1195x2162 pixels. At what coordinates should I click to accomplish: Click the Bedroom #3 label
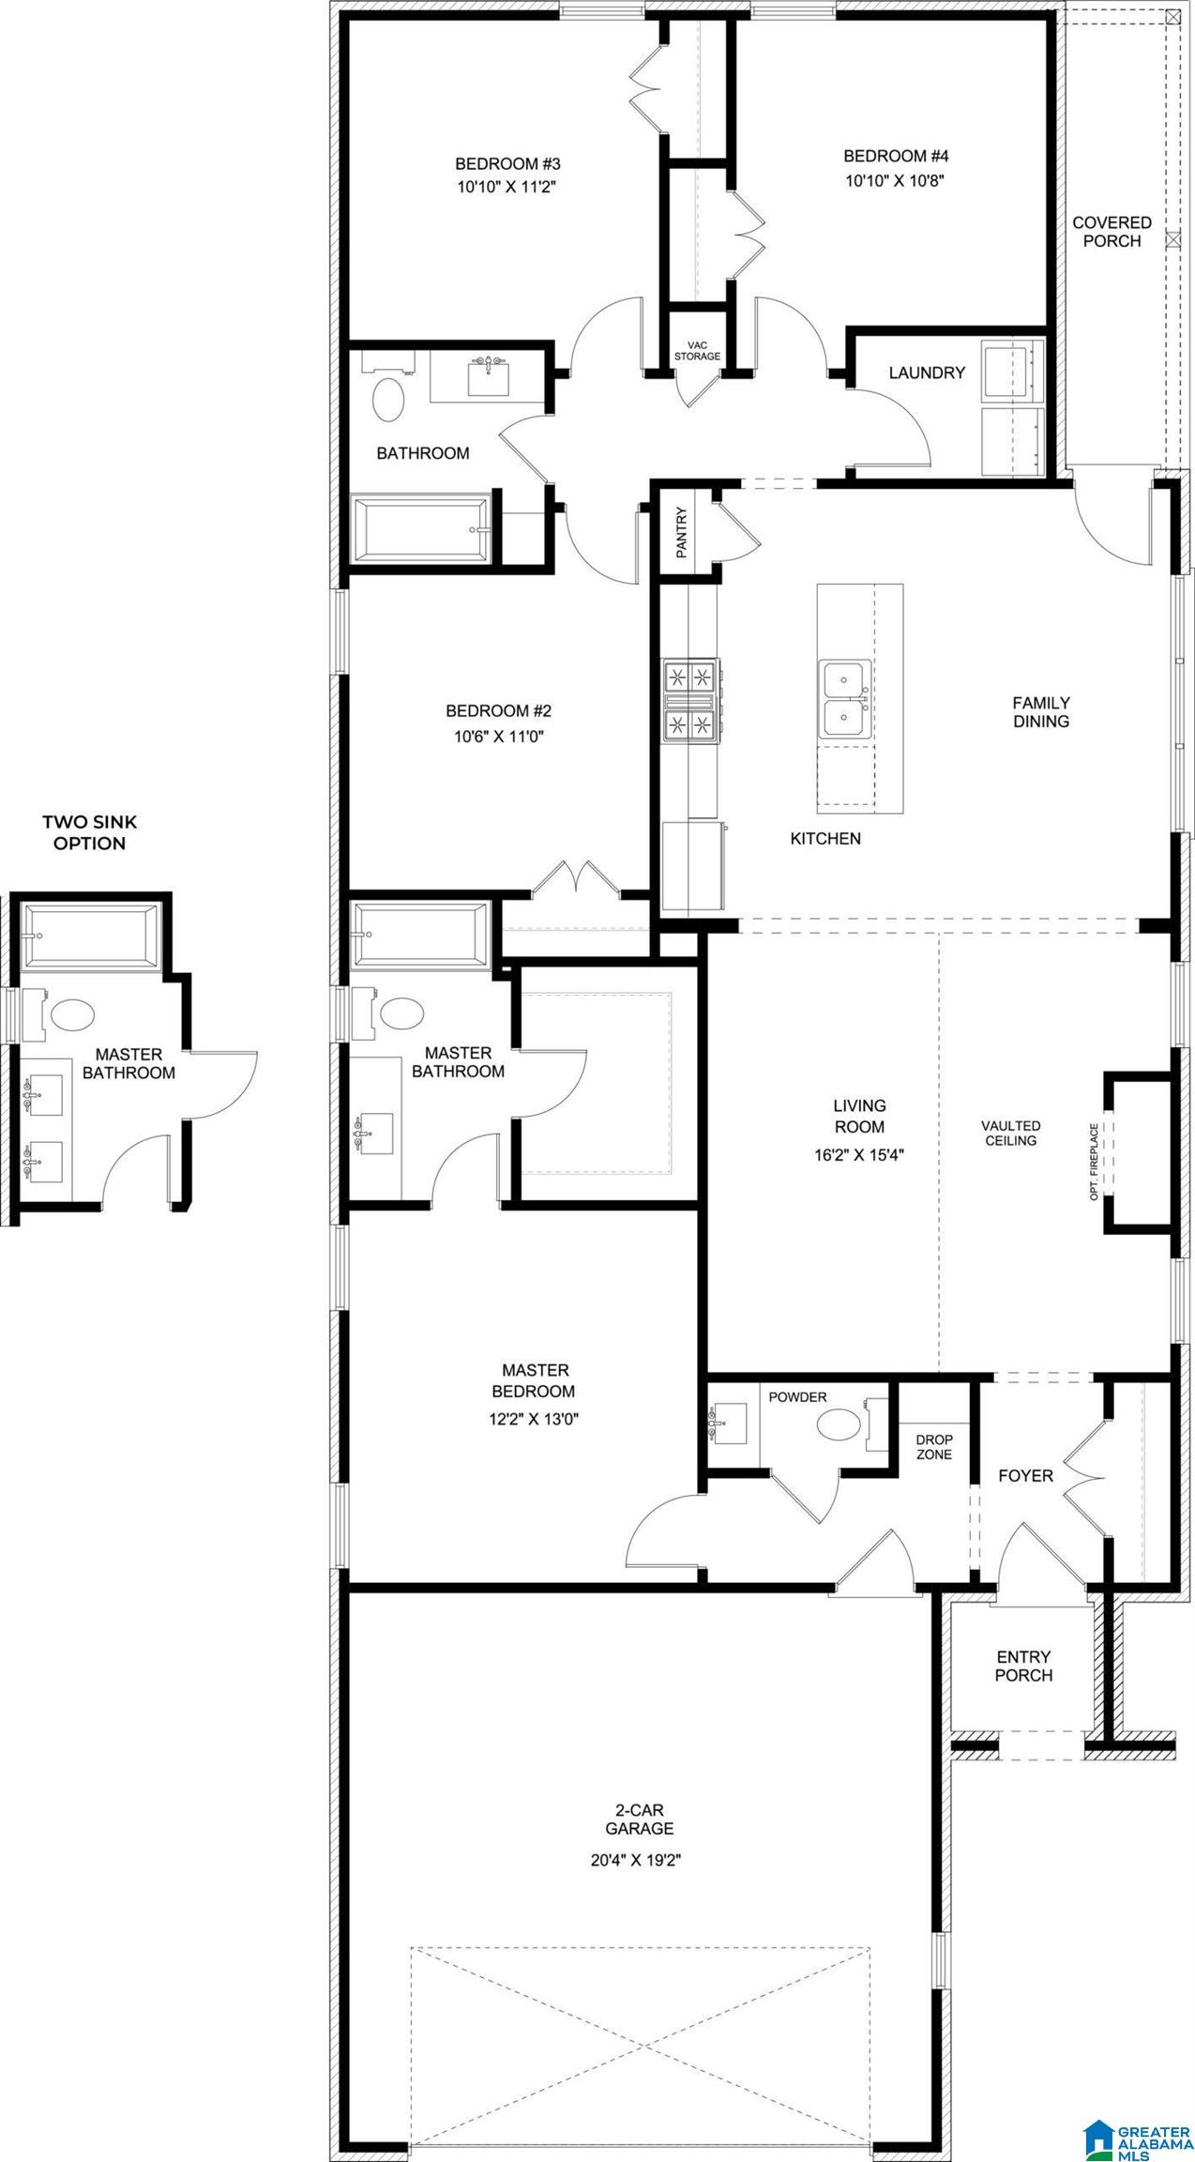tap(507, 163)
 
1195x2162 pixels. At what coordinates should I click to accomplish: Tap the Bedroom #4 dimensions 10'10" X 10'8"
tap(894, 181)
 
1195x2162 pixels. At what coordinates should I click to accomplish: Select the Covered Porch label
tap(1112, 232)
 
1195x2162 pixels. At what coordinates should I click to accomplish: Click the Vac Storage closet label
tap(697, 351)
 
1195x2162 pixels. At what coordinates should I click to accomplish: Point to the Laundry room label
tap(926, 373)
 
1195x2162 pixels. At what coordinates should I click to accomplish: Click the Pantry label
tap(682, 532)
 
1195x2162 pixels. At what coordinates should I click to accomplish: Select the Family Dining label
tap(1040, 711)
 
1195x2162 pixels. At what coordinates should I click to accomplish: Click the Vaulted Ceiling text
tap(1010, 1133)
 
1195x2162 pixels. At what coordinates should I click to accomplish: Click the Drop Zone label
tap(933, 1446)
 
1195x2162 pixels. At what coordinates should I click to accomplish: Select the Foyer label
tap(1024, 1476)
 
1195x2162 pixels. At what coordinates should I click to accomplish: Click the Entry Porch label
tap(1023, 1666)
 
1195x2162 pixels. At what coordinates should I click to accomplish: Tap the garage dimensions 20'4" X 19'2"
tap(635, 1859)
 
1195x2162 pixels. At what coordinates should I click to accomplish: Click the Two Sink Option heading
tap(89, 832)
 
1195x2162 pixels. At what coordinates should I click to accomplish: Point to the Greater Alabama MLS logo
tap(1136, 2131)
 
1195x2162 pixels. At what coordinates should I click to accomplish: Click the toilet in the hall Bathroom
tap(388, 400)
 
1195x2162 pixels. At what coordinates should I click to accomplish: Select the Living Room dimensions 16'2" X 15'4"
tap(859, 1155)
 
